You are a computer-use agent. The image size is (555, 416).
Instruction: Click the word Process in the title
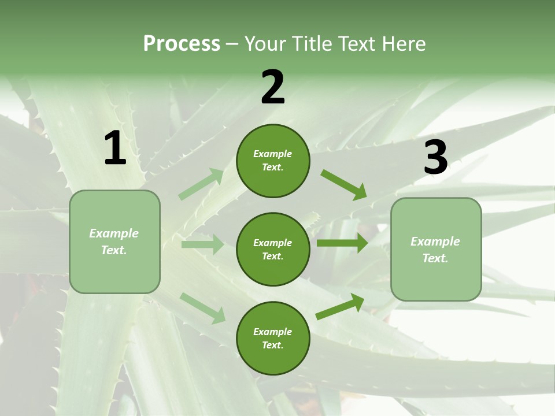182,43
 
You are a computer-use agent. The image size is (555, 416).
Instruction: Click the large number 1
115,148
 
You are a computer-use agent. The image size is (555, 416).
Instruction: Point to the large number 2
273,87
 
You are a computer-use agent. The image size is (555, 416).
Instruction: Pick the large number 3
436,158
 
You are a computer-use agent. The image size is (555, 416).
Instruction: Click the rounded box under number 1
114,242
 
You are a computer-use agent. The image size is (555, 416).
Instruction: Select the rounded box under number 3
436,249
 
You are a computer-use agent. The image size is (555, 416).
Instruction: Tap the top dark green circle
273,161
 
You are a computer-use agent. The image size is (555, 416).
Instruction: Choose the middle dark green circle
273,249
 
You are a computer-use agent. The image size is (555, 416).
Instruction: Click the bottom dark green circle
273,338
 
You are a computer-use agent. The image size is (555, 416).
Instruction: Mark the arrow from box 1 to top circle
201,184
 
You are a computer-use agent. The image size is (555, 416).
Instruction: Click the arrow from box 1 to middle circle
202,244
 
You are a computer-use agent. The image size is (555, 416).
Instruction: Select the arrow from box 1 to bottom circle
202,308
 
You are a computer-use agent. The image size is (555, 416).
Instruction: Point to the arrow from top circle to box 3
344,184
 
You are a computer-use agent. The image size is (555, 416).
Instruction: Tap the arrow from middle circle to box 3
342,243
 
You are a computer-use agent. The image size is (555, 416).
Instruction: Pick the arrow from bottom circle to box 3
340,307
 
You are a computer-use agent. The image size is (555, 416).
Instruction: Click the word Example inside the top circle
273,154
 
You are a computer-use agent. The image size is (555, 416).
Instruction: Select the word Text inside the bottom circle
272,345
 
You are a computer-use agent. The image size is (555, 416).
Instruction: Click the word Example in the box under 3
435,242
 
